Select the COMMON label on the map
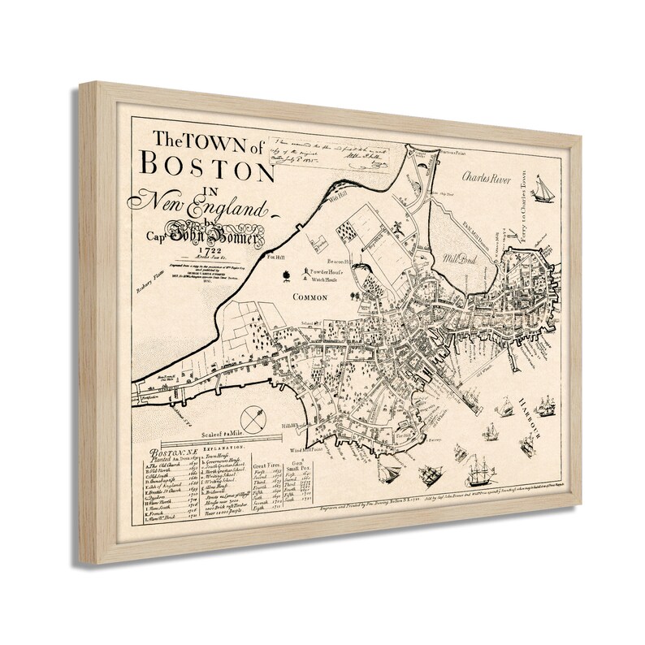click(x=305, y=297)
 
